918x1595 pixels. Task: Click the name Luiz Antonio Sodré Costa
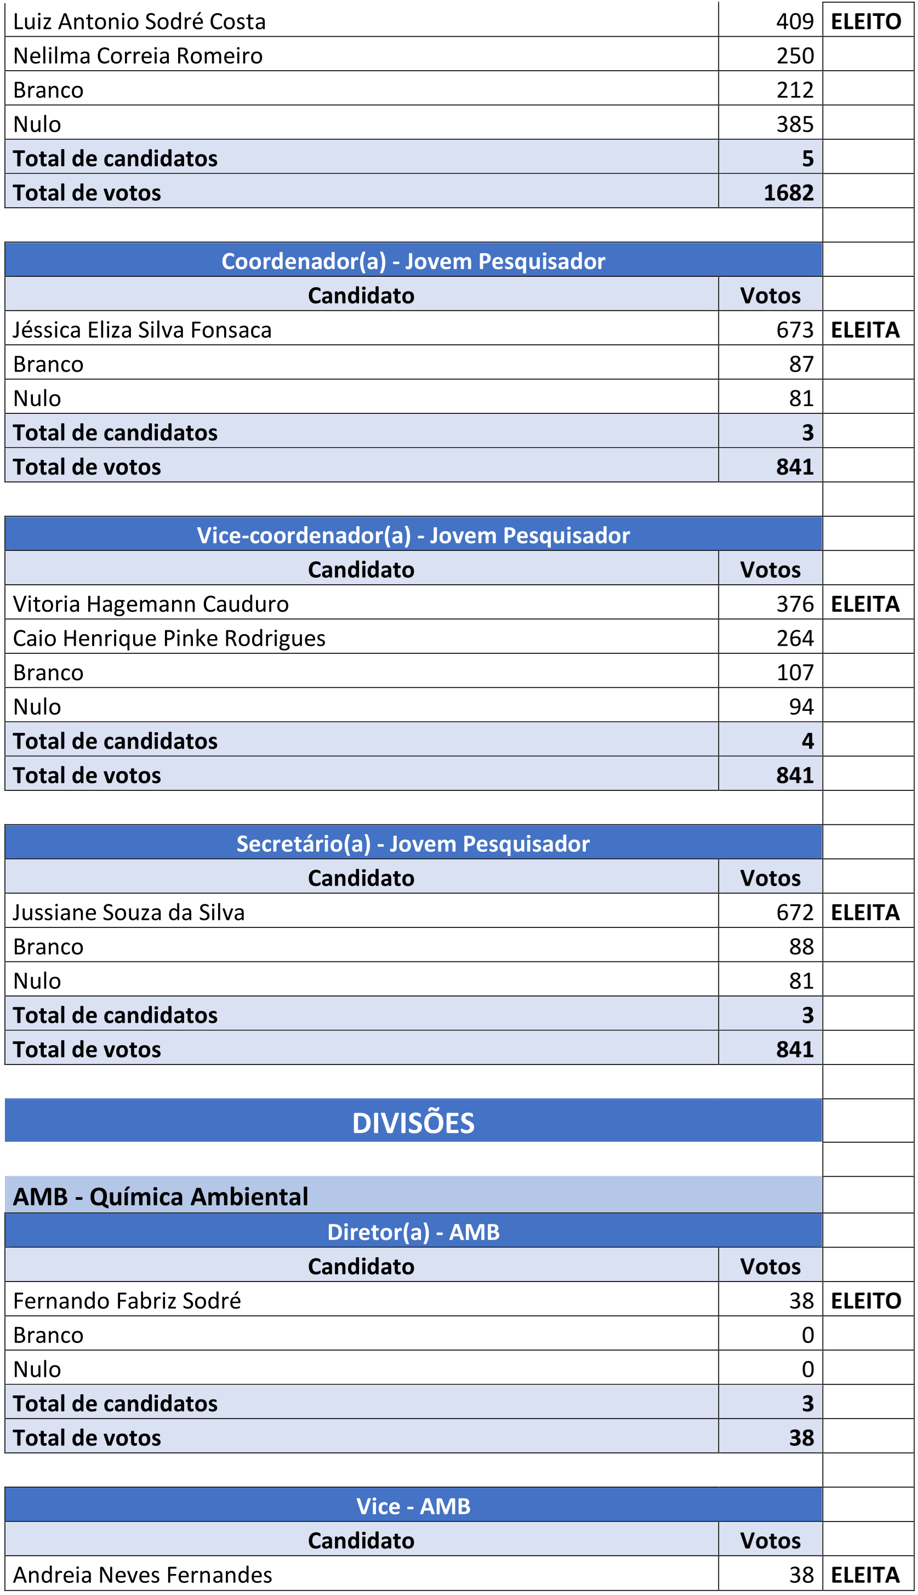point(139,21)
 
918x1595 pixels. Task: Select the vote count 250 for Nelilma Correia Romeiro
point(795,56)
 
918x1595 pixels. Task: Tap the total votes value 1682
point(788,193)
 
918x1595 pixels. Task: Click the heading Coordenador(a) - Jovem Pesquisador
point(413,261)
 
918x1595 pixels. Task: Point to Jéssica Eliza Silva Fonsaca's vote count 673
point(795,331)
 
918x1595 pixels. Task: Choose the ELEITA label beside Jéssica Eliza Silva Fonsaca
point(865,331)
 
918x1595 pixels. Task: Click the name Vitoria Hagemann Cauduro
point(151,605)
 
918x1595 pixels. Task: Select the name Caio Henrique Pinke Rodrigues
point(169,639)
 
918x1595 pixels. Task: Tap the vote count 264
point(795,639)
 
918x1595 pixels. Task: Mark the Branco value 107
point(795,673)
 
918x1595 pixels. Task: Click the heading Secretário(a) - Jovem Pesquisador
point(413,844)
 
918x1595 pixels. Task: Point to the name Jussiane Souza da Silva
point(129,913)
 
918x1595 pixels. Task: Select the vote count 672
point(795,913)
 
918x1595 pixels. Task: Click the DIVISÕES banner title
point(413,1124)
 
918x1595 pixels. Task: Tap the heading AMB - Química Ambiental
point(160,1197)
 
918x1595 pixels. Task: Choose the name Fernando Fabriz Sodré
point(127,1301)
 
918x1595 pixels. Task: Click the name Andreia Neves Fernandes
point(142,1575)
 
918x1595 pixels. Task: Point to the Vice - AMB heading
point(413,1506)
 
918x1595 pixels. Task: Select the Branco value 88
point(801,947)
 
